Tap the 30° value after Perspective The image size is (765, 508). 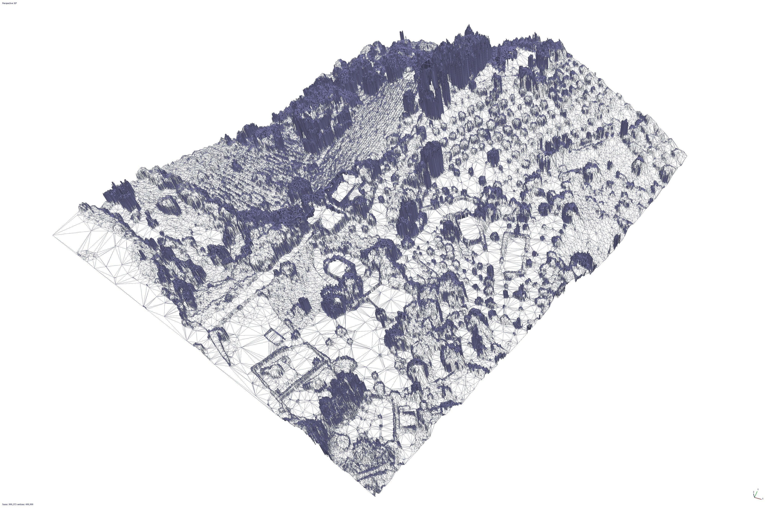tap(15, 3)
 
